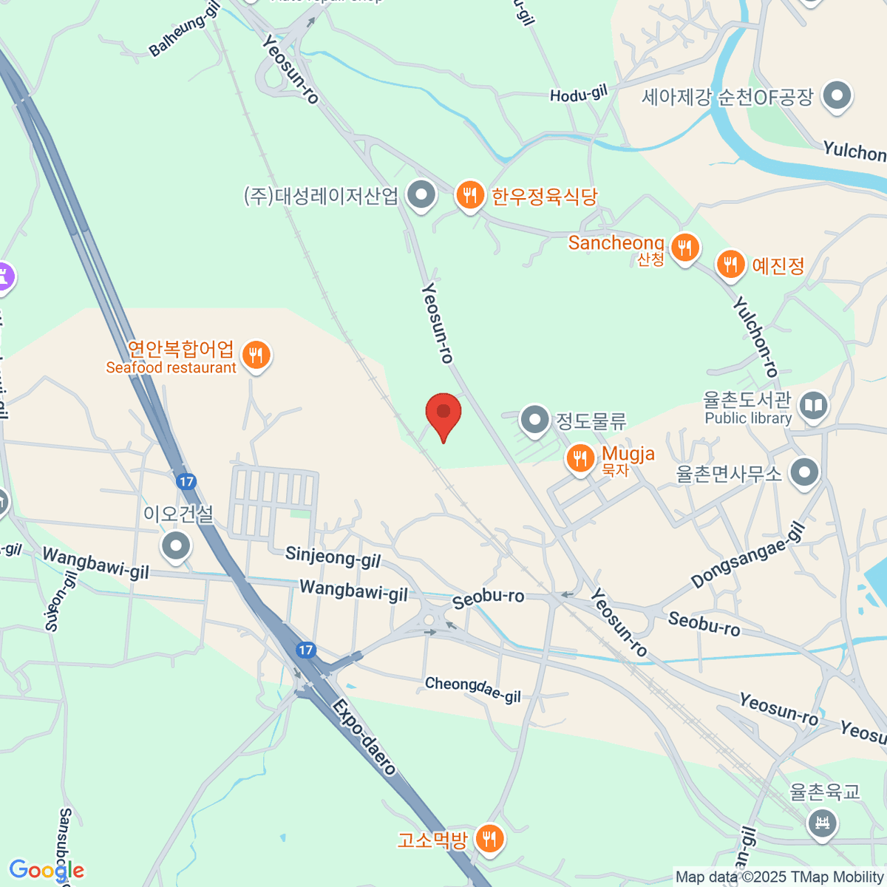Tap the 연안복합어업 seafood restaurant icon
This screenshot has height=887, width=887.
(x=256, y=356)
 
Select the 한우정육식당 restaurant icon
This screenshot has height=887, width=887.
(x=469, y=196)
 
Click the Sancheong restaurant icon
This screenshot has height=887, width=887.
(x=685, y=248)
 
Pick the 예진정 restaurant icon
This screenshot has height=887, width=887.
(x=730, y=265)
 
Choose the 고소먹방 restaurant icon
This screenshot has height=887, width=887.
(x=488, y=839)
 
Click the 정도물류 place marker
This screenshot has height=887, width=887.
(x=534, y=420)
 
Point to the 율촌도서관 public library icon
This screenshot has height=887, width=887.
(x=813, y=406)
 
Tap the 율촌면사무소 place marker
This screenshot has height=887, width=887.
(x=804, y=472)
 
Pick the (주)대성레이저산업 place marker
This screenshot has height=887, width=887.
(x=422, y=196)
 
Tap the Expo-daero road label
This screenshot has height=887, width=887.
(x=364, y=736)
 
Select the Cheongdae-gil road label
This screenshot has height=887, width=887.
(x=473, y=690)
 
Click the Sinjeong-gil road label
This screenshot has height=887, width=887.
(x=333, y=557)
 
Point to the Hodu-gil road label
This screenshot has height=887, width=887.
(x=578, y=94)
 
